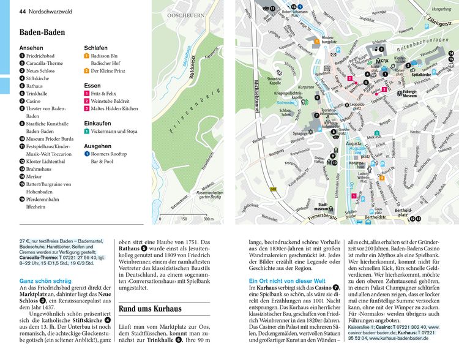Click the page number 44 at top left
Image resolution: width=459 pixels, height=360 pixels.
(x=23, y=10)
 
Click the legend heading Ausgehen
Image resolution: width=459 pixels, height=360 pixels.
(x=97, y=146)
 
